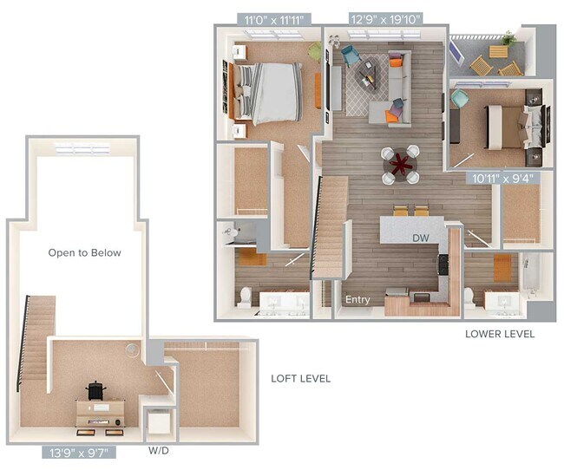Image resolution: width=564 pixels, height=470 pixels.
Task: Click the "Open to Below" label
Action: tap(84, 253)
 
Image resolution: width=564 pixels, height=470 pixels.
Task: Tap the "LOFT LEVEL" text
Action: tap(300, 379)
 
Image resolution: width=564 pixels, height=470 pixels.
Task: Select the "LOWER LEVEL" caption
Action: tap(499, 334)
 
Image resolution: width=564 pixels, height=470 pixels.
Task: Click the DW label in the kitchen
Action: tap(421, 237)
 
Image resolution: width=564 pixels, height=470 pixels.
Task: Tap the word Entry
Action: tap(357, 300)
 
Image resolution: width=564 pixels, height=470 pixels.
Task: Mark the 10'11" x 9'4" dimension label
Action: tap(501, 179)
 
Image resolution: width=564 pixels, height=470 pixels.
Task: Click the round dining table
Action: tap(401, 164)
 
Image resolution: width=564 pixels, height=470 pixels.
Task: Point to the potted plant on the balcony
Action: tap(509, 38)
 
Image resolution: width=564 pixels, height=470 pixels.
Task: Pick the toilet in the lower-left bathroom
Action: tap(246, 297)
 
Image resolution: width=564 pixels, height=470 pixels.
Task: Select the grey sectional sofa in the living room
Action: tap(391, 89)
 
